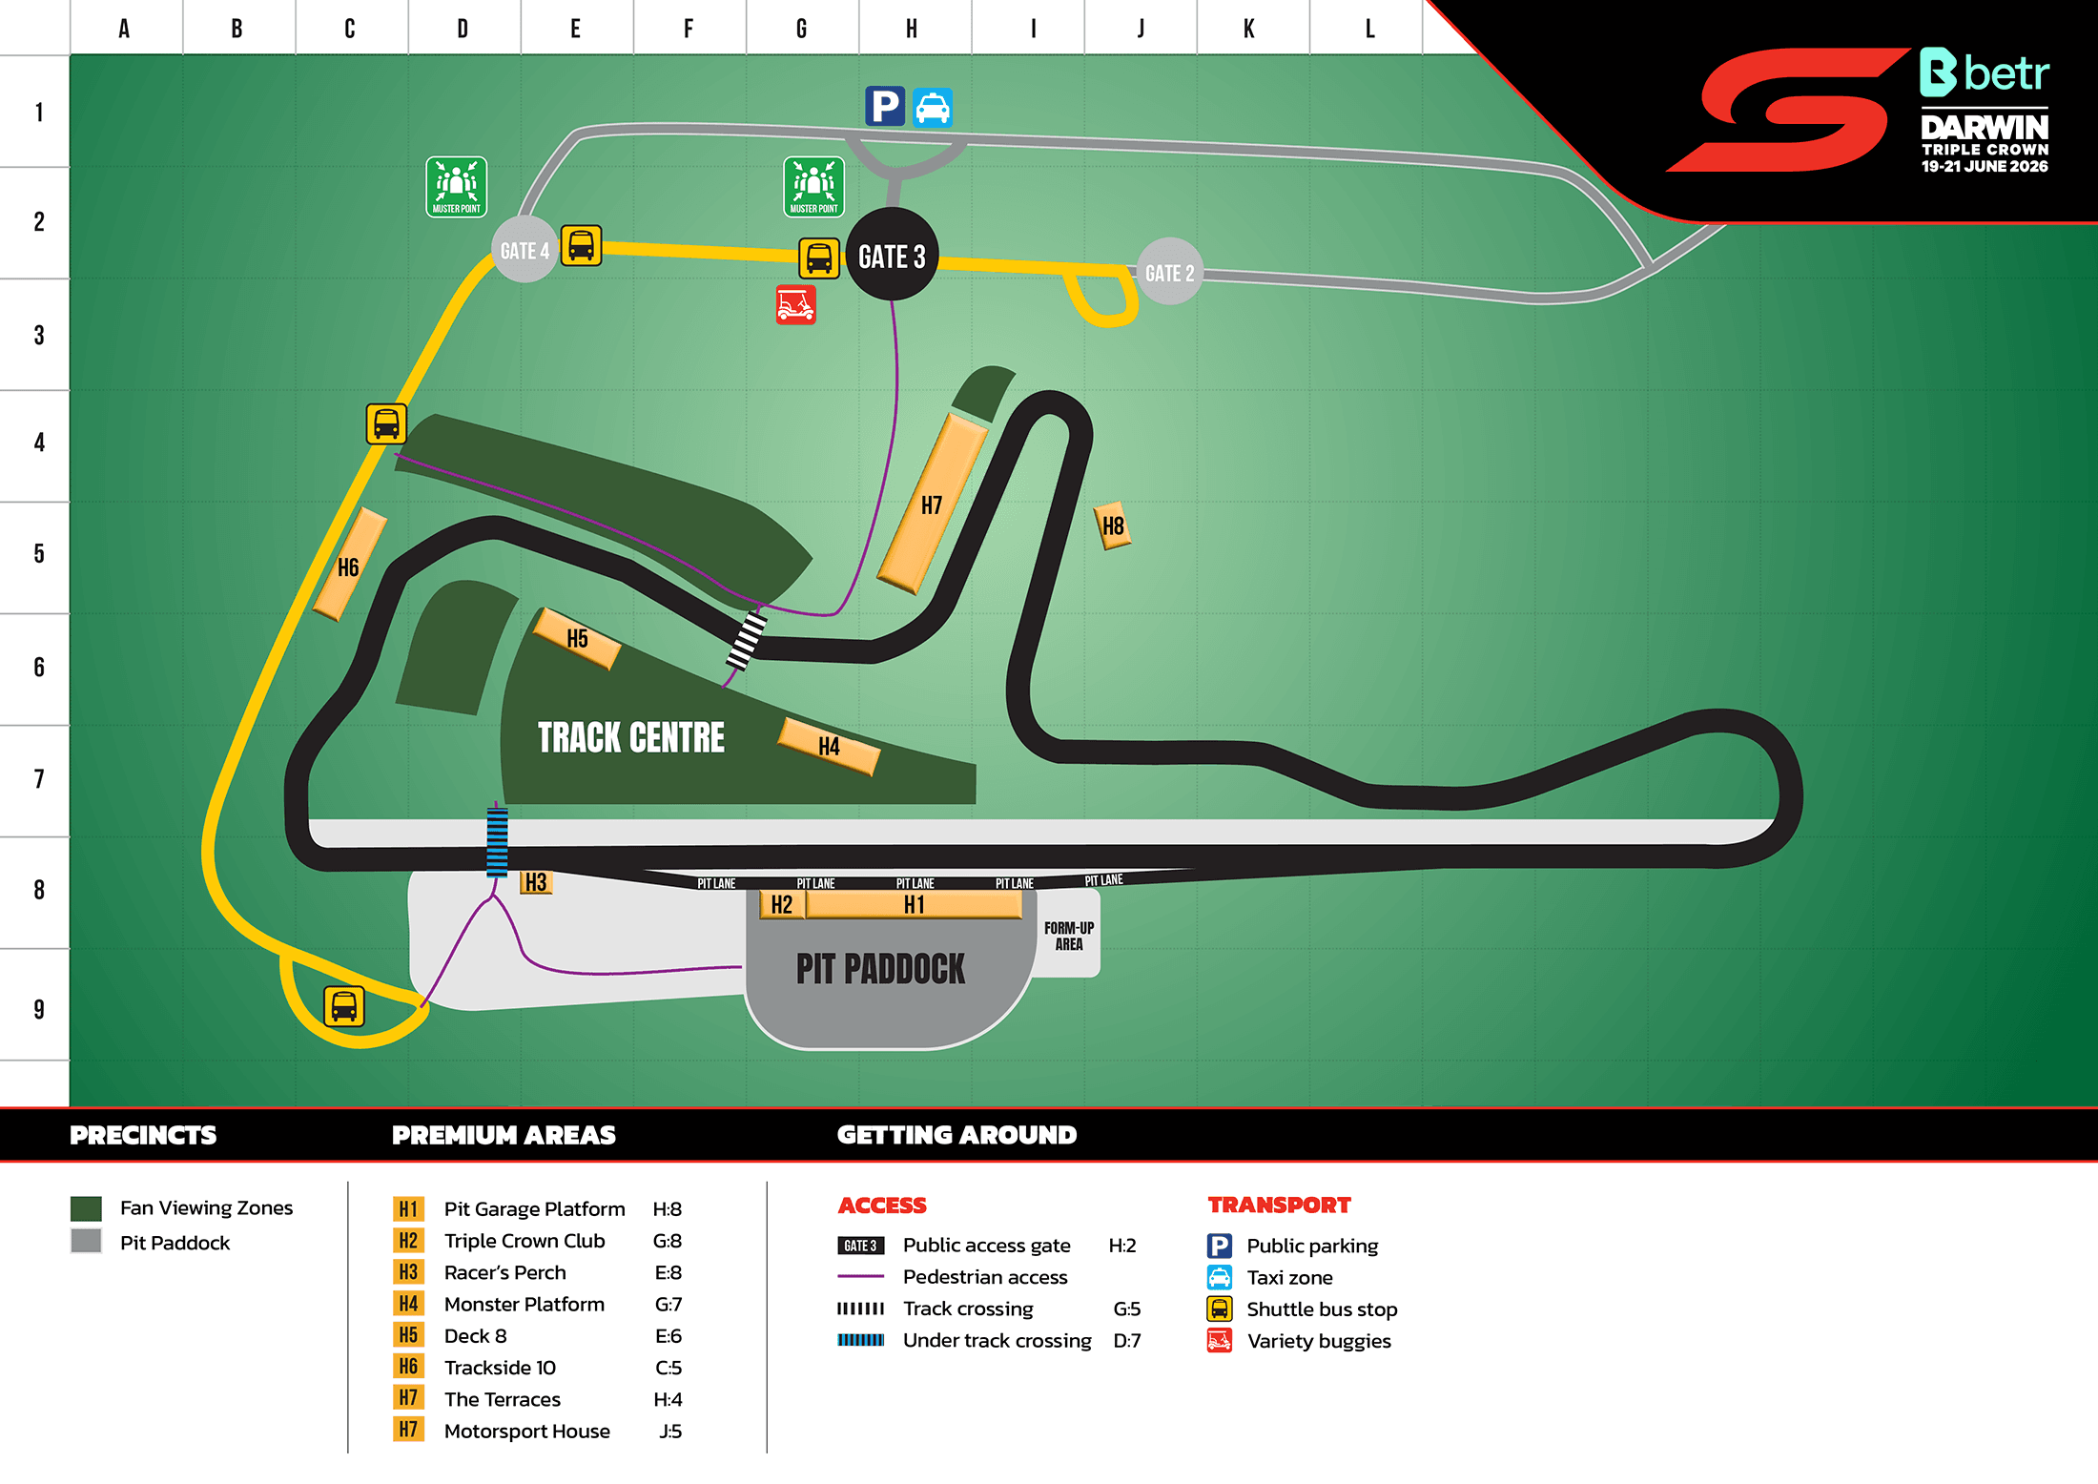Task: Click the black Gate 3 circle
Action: [892, 255]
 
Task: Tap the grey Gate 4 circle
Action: [524, 250]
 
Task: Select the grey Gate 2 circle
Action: [1169, 273]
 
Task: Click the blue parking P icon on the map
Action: [884, 106]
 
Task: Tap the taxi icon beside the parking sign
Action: [932, 107]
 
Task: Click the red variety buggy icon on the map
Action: [795, 304]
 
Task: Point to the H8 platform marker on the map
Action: [1112, 526]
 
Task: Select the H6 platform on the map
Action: [349, 566]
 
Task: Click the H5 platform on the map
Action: [577, 638]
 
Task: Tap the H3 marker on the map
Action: [536, 882]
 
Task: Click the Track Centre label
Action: [630, 737]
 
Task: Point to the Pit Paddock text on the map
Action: [880, 969]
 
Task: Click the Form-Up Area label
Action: [1068, 936]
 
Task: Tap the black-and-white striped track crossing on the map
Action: [746, 641]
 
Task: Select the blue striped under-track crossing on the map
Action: [497, 842]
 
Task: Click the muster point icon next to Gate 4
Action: [456, 187]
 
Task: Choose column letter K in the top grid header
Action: [1248, 29]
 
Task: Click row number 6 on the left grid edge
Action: [39, 667]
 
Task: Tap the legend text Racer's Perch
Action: [504, 1272]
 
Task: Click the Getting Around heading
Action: [956, 1135]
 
